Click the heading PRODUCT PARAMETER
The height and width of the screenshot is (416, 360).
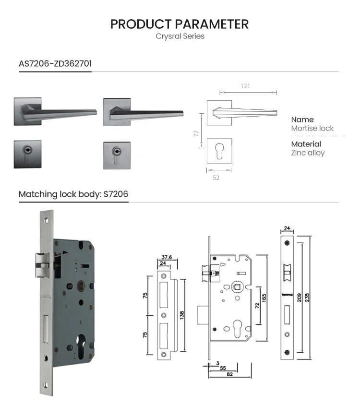click(x=180, y=24)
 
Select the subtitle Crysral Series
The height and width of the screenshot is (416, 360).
click(x=180, y=36)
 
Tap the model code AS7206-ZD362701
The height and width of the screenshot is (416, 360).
click(x=55, y=63)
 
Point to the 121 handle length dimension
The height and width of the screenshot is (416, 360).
click(x=245, y=86)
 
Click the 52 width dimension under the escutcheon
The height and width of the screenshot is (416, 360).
click(x=216, y=178)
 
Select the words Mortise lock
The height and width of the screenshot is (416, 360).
click(x=312, y=128)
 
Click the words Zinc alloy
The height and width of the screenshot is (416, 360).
click(x=308, y=153)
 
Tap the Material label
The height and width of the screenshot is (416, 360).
click(x=306, y=144)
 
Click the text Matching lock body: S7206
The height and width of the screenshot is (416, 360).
click(x=73, y=194)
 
